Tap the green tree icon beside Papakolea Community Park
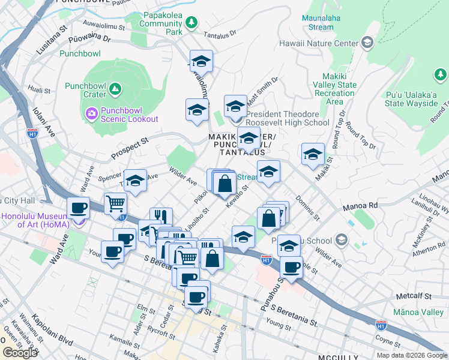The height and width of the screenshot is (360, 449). [x=191, y=23]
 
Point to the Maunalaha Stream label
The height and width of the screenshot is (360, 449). [x=318, y=23]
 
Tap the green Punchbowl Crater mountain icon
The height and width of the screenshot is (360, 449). [x=115, y=91]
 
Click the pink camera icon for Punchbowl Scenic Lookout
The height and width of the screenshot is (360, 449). [x=91, y=113]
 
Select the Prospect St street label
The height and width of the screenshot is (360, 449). [x=129, y=149]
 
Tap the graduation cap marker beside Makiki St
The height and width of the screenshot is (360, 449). [x=312, y=154]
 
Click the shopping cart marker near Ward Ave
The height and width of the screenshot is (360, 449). [x=115, y=203]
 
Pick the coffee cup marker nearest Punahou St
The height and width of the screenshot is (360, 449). [x=291, y=267]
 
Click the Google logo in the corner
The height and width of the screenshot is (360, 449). [x=20, y=352]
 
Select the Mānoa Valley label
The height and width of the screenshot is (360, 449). [x=418, y=313]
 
